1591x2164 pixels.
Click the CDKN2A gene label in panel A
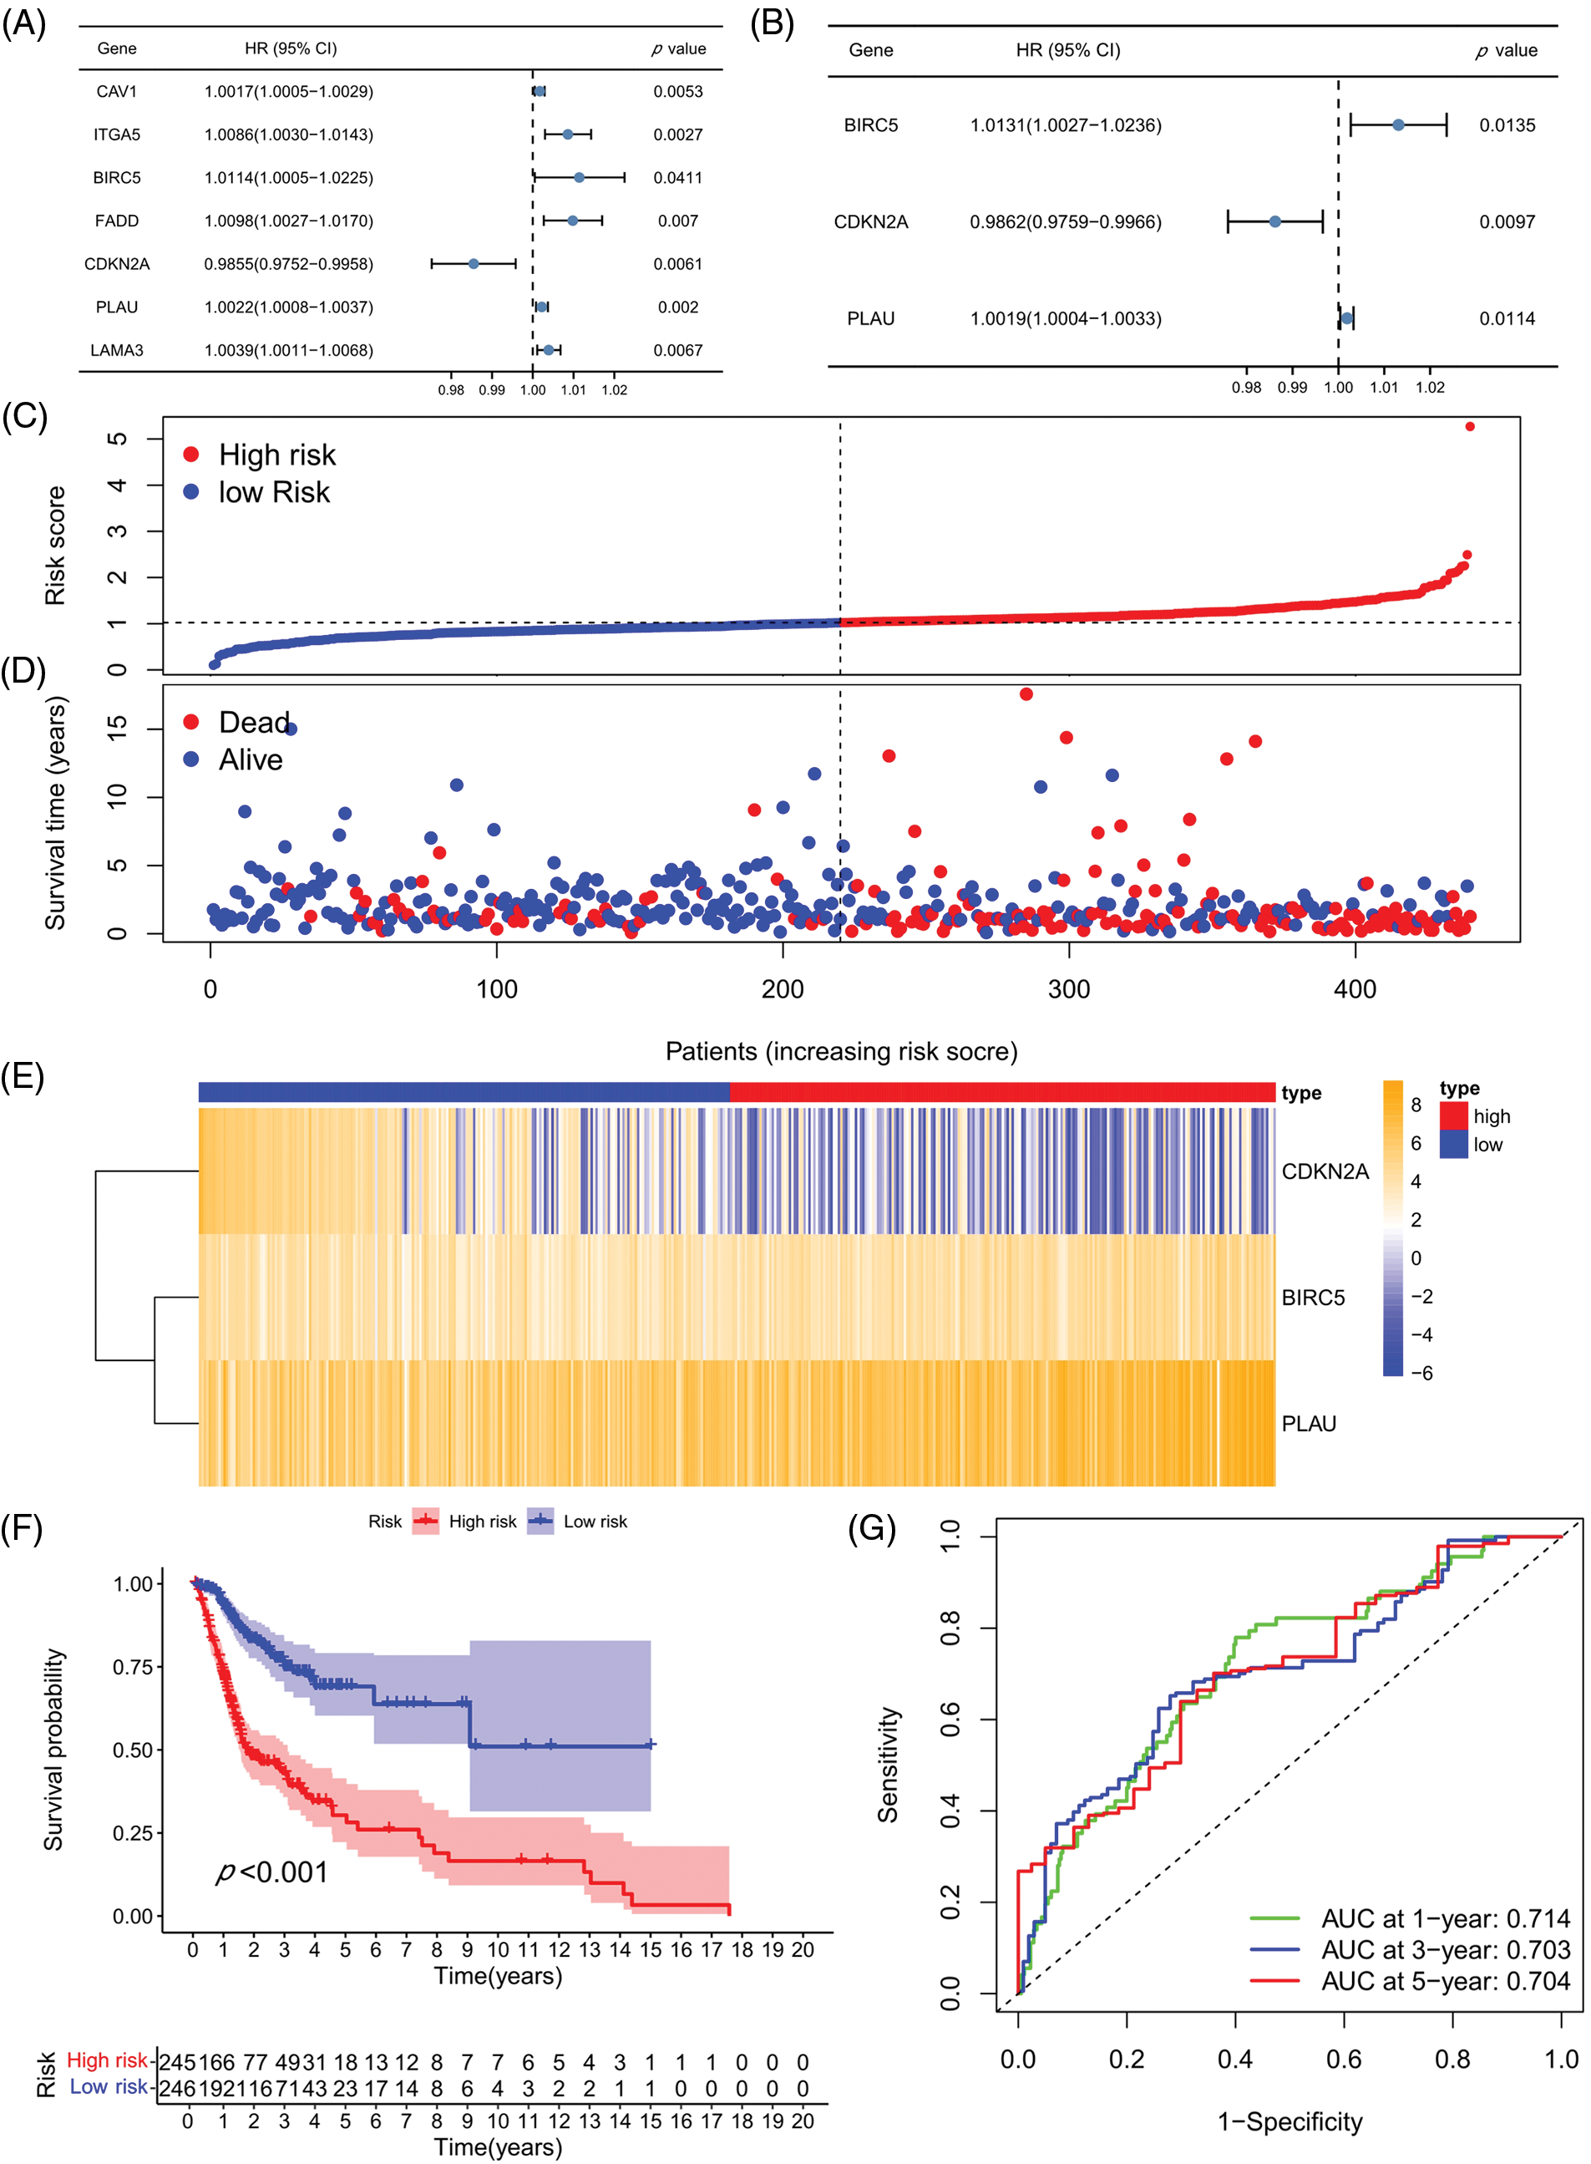click(x=117, y=264)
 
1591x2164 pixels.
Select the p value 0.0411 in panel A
click(x=677, y=177)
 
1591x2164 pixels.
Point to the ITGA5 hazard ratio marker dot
click(x=567, y=135)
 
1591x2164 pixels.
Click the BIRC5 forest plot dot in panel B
click(x=1398, y=125)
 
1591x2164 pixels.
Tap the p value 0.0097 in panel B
click(x=1507, y=221)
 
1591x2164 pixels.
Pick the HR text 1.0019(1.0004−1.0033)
click(x=1065, y=319)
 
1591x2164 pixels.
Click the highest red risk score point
click(x=1470, y=426)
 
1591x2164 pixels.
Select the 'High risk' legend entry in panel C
click(x=276, y=455)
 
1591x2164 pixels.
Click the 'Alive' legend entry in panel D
click(x=250, y=760)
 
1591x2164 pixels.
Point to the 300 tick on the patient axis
click(x=1069, y=988)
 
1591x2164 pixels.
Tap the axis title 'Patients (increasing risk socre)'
click(x=841, y=1051)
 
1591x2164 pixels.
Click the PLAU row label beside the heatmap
click(x=1309, y=1424)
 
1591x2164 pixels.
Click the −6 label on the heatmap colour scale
click(x=1421, y=1373)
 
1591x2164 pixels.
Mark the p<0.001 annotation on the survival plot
click(x=272, y=1872)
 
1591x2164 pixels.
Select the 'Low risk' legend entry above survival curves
click(x=594, y=1521)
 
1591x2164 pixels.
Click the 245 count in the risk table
click(x=176, y=2063)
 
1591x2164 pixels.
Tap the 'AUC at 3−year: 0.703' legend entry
click(x=1445, y=1950)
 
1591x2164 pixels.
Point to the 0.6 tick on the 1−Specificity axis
click(x=1344, y=2060)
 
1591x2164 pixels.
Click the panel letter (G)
click(x=872, y=1528)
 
